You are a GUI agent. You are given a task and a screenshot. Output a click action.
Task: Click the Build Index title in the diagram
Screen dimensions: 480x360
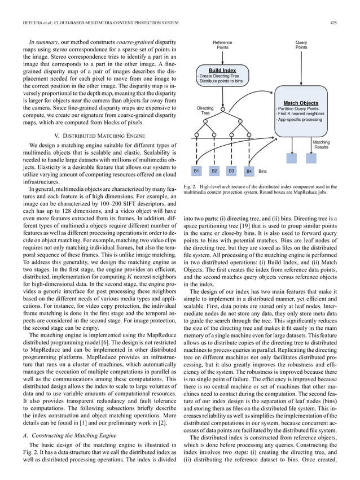coord(222,70)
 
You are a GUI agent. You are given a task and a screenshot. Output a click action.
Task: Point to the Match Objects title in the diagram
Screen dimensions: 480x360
coord(301,103)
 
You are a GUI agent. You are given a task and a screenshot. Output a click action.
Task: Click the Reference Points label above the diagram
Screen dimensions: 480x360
coord(222,45)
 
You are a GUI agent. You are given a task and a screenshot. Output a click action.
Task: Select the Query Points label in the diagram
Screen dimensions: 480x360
coord(301,45)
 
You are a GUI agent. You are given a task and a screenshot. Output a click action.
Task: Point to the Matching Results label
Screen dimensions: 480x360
coord(321,145)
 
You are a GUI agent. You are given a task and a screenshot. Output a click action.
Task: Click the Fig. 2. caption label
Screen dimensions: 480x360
coord(191,186)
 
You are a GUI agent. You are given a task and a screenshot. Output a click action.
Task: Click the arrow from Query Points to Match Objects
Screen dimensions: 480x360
coord(301,73)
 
